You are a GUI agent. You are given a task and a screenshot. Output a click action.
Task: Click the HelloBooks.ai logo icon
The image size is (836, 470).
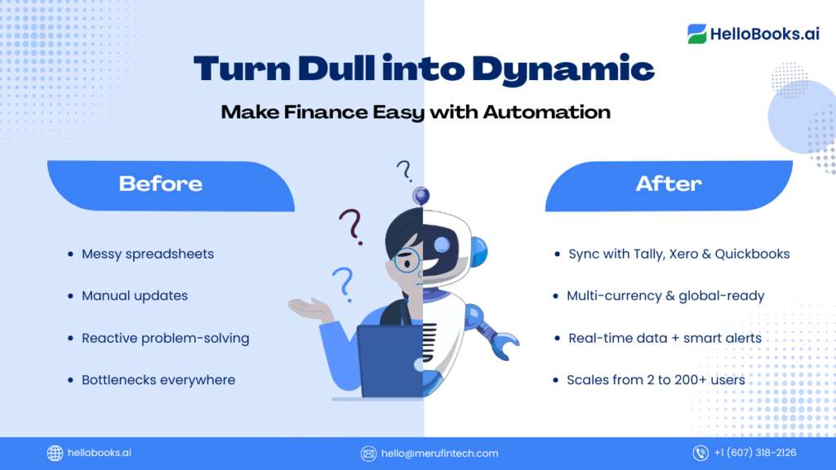(x=697, y=33)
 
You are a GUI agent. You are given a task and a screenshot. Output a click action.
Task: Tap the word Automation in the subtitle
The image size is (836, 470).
(x=546, y=112)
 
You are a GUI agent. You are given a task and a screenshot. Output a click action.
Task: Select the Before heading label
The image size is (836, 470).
(x=161, y=184)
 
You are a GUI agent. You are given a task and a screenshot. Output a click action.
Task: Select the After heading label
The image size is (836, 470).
(x=669, y=184)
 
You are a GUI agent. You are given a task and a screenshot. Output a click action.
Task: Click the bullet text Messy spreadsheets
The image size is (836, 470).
(x=148, y=255)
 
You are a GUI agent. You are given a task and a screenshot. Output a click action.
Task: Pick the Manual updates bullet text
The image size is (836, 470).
(x=135, y=295)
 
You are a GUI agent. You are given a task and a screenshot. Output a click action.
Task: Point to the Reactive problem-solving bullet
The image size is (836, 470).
(x=165, y=339)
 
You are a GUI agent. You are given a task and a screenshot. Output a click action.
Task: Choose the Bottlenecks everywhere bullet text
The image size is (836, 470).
(x=158, y=380)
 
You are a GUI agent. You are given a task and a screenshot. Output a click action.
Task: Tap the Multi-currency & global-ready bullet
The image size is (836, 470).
(x=665, y=295)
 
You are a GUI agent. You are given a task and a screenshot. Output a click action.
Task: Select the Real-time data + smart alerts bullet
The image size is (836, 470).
(x=665, y=339)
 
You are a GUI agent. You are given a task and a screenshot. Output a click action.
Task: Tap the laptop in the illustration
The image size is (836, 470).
(x=389, y=361)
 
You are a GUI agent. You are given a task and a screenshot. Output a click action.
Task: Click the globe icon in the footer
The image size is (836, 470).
(x=55, y=453)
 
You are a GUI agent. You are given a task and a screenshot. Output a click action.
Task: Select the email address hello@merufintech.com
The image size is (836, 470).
(x=439, y=454)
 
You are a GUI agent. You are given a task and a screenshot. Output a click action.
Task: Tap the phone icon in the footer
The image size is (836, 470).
(x=700, y=453)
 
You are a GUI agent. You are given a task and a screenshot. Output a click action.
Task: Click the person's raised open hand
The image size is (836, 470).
(x=309, y=308)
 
